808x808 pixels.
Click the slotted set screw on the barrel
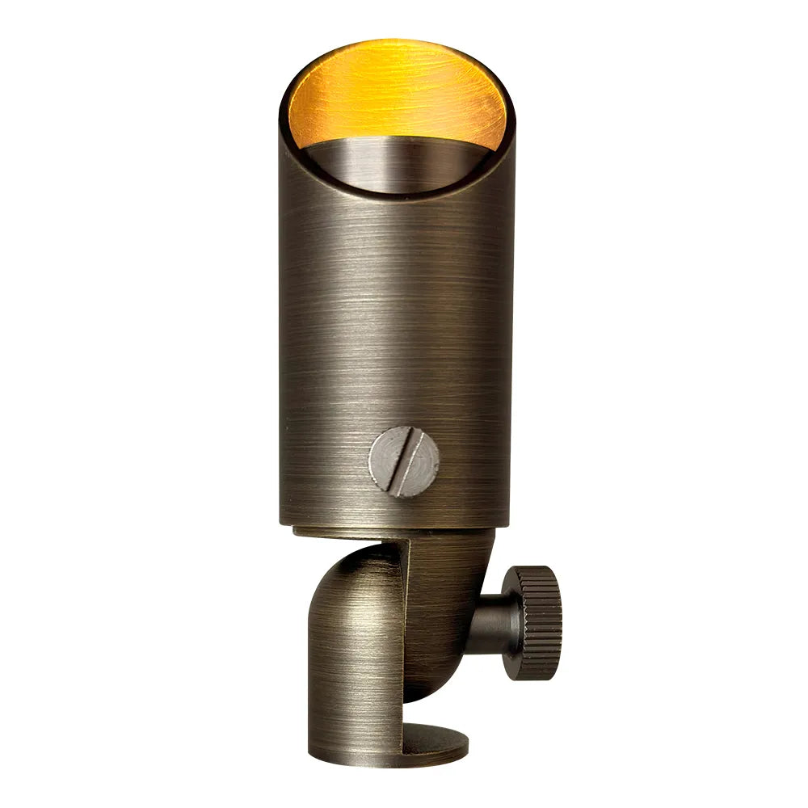(x=404, y=462)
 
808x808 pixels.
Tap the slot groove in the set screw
(x=405, y=462)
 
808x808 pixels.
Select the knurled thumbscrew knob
(x=532, y=611)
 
